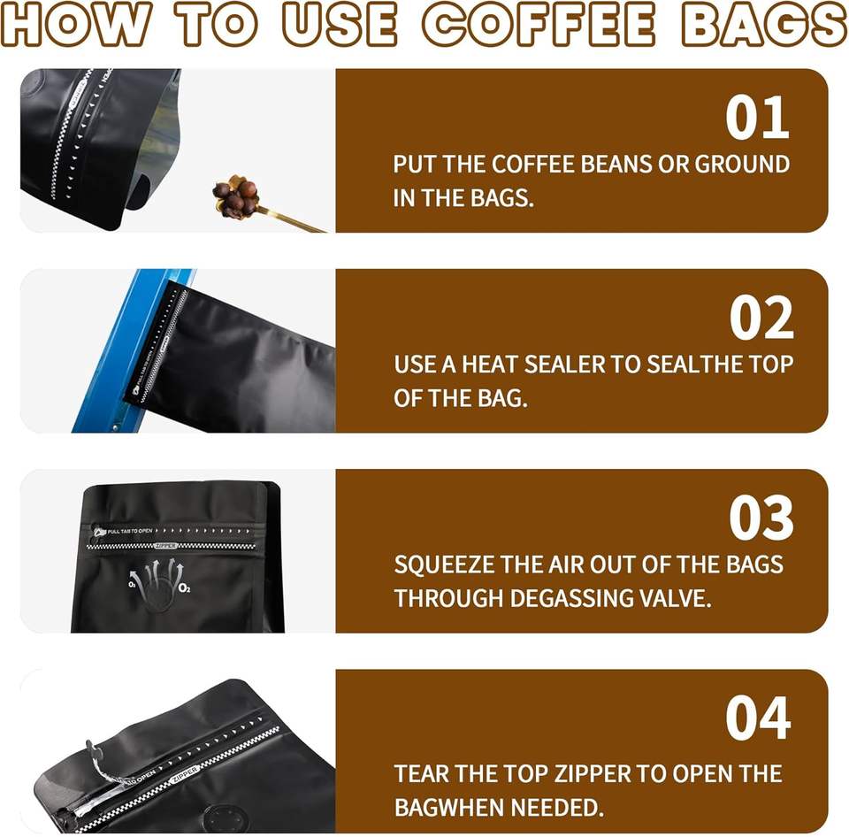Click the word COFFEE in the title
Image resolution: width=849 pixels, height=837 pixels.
(x=539, y=25)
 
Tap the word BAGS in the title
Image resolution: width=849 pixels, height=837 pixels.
(x=764, y=25)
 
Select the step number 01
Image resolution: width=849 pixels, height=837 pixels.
(x=758, y=118)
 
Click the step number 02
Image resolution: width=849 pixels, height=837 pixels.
(x=761, y=318)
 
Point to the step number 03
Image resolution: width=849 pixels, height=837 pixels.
(x=761, y=518)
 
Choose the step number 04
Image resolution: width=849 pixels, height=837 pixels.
(x=758, y=718)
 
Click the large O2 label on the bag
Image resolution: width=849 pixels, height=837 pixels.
(x=184, y=588)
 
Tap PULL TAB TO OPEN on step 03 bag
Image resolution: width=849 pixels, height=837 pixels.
(x=130, y=531)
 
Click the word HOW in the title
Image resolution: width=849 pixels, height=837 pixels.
(x=75, y=25)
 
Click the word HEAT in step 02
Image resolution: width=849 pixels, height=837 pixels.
(x=489, y=365)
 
